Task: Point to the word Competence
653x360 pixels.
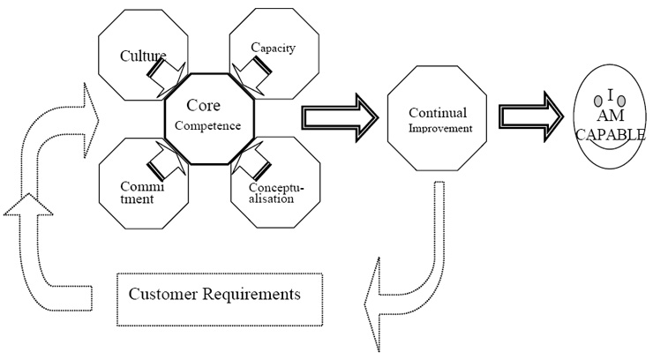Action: click(x=209, y=125)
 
